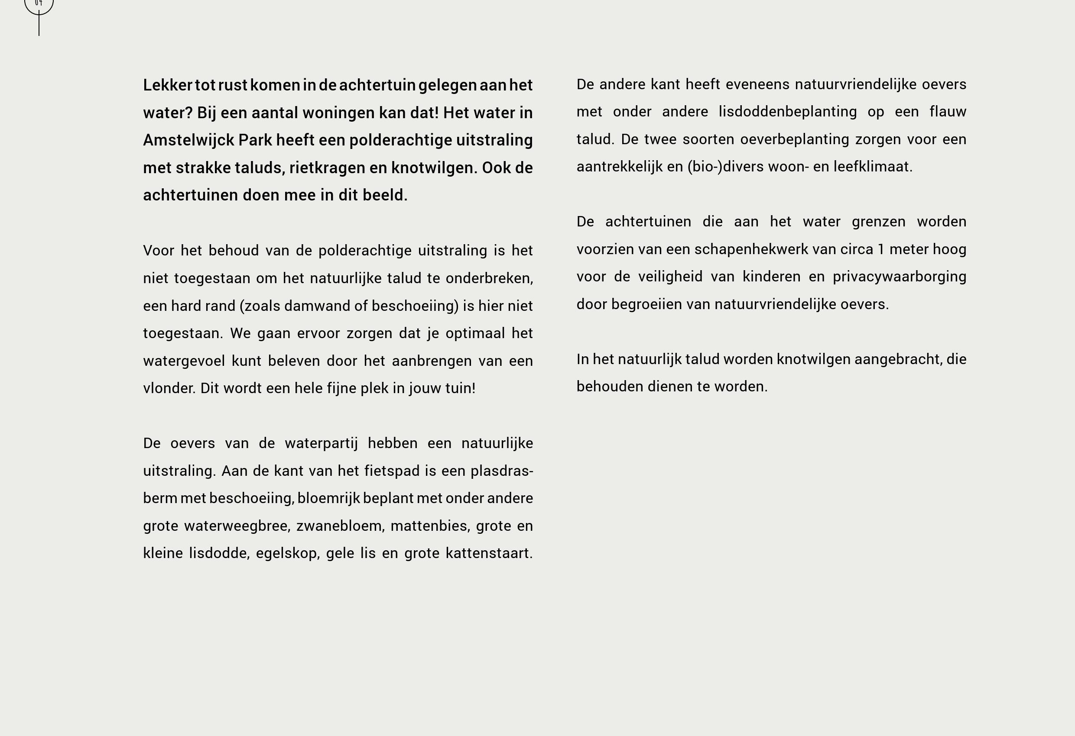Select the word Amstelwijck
[188, 141]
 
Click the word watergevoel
[184, 361]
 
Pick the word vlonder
[169, 388]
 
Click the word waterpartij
[321, 443]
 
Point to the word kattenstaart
[489, 553]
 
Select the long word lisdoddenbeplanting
[787, 112]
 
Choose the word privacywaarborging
[899, 277]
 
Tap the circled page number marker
[39, 5]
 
